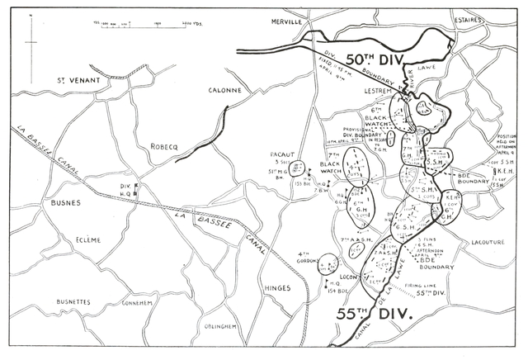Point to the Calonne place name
coord(225,91)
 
